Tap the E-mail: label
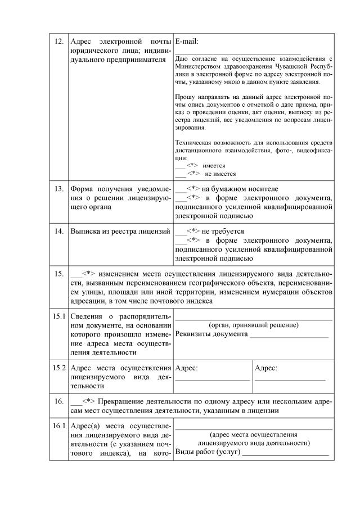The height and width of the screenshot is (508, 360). click(x=187, y=42)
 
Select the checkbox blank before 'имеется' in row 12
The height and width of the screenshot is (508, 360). click(x=180, y=166)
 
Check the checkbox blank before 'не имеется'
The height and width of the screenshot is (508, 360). click(x=180, y=174)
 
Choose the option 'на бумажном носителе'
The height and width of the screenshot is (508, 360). click(x=232, y=189)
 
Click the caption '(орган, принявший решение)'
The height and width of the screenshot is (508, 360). click(x=253, y=325)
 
